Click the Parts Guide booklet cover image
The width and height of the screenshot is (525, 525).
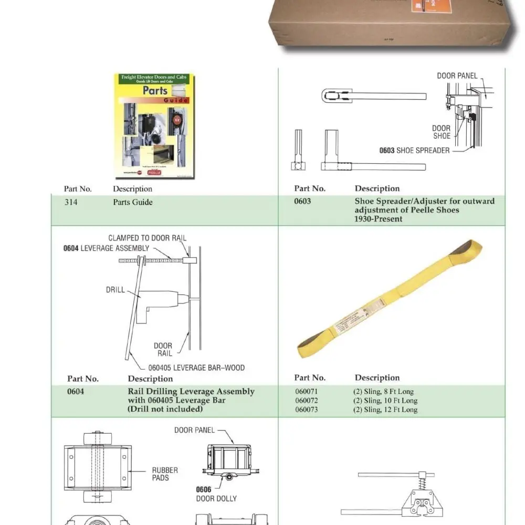click(x=154, y=127)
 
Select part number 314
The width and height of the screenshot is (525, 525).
click(x=71, y=202)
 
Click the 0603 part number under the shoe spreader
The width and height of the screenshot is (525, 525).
click(x=303, y=201)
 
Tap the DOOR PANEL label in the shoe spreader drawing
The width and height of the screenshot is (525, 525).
click(x=457, y=76)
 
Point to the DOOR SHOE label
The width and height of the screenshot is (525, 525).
click(x=441, y=132)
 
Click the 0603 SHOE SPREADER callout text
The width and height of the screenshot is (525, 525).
click(x=414, y=151)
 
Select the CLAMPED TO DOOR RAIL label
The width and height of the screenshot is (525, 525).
click(x=147, y=238)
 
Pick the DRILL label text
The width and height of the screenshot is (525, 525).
click(x=115, y=289)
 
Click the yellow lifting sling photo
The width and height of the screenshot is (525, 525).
click(x=388, y=299)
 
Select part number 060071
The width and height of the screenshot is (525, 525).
click(x=306, y=392)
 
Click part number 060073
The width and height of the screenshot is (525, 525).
click(x=306, y=410)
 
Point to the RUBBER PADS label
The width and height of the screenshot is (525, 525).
click(x=165, y=474)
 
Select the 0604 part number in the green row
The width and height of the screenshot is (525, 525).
click(x=76, y=392)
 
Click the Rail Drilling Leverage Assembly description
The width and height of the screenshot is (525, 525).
click(x=191, y=392)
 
